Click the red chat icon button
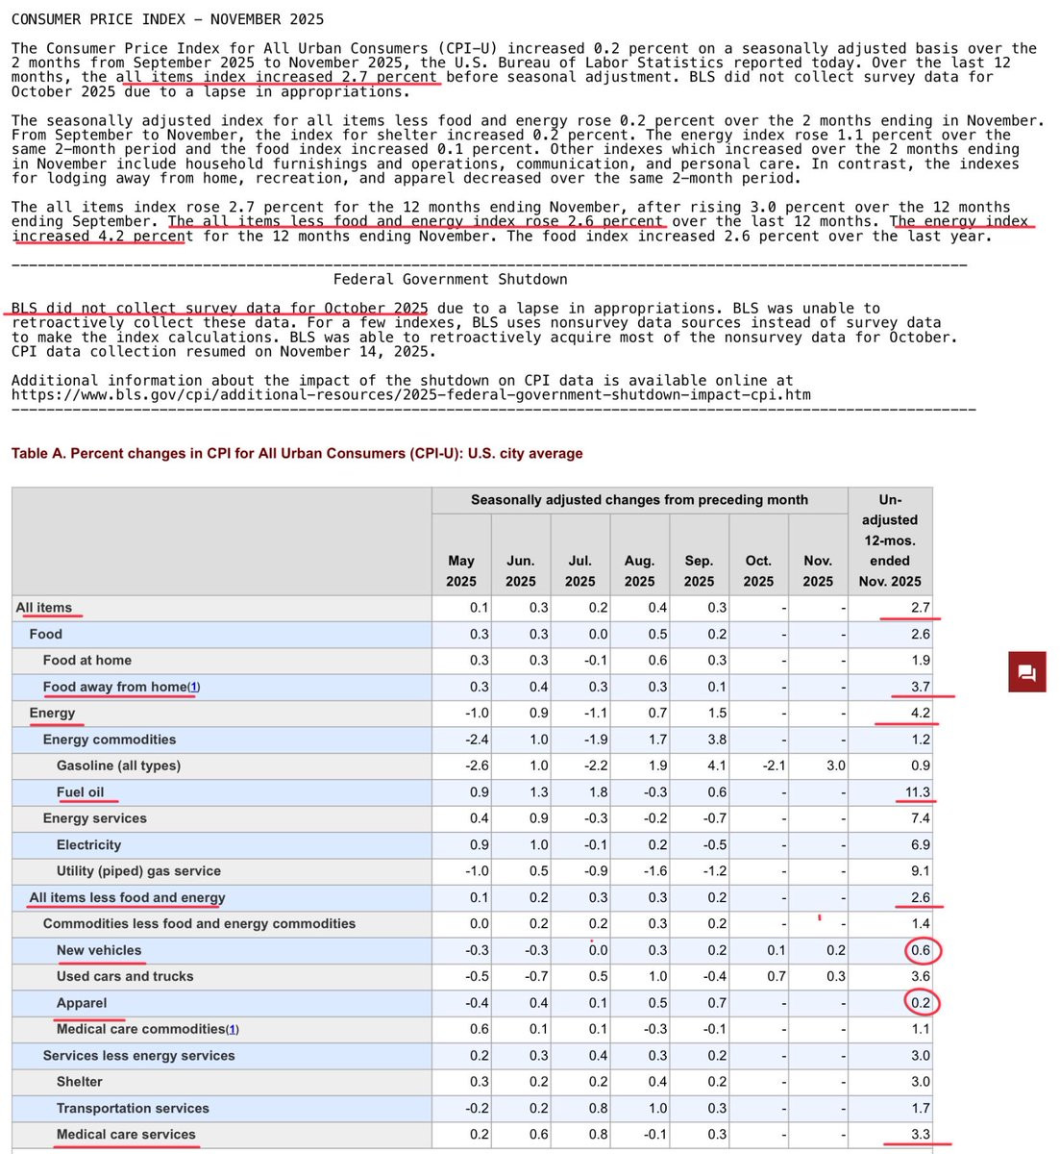tap(1026, 672)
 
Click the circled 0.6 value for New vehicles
tap(921, 950)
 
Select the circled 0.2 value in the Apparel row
tap(921, 1003)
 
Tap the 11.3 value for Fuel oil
tap(918, 792)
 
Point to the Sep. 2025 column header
tap(699, 570)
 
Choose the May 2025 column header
tap(461, 570)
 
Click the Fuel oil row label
tap(80, 792)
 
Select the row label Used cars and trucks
tap(125, 976)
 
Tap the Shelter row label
tap(79, 1082)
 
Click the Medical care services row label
tap(126, 1135)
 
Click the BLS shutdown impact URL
tap(411, 395)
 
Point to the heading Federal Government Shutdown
tap(450, 280)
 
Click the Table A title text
tap(297, 453)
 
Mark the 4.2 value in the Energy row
tap(921, 714)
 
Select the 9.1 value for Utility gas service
tap(921, 871)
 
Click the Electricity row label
tap(88, 845)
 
